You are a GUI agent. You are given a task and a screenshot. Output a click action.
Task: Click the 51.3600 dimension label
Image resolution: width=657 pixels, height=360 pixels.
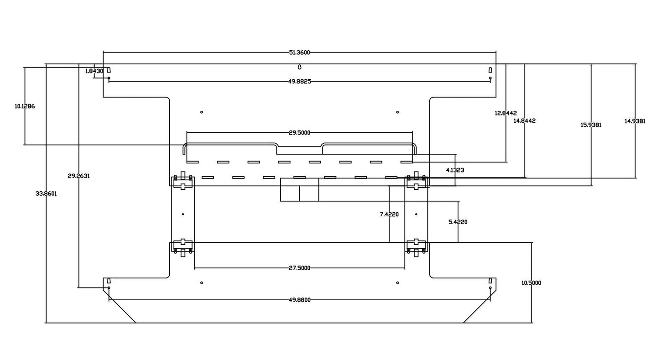(299, 52)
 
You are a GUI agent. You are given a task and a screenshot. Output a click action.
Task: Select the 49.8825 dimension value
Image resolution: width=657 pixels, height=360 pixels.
(299, 82)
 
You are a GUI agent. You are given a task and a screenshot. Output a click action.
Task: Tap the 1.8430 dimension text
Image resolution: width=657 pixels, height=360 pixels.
(94, 71)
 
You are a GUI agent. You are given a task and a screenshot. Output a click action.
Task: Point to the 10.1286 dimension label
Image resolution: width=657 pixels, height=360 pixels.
(25, 106)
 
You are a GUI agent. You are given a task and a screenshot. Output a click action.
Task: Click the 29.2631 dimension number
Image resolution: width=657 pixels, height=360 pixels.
(78, 176)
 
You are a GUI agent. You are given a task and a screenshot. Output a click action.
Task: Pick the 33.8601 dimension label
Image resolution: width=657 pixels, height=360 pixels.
(46, 193)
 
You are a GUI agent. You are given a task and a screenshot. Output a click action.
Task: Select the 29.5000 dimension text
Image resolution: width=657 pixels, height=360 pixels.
(299, 133)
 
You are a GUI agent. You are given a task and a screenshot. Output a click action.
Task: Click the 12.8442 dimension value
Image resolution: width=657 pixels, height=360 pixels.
(506, 113)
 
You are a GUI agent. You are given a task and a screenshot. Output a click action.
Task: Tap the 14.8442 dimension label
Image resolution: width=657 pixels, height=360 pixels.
(524, 121)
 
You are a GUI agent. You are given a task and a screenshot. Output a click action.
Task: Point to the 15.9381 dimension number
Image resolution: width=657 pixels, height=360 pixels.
(591, 125)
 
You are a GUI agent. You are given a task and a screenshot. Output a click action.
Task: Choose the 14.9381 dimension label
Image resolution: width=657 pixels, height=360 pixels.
(635, 121)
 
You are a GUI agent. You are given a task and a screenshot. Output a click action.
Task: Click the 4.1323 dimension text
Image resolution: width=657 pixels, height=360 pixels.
(455, 170)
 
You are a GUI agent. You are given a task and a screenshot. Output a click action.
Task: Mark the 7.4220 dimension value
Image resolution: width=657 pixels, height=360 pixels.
(389, 214)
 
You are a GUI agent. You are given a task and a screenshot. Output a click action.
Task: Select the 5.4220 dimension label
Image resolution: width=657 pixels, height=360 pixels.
(458, 222)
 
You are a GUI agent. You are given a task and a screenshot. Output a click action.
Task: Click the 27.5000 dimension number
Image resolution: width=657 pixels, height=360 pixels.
(299, 268)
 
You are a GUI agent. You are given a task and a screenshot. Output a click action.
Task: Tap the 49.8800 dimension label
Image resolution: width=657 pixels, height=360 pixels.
(299, 300)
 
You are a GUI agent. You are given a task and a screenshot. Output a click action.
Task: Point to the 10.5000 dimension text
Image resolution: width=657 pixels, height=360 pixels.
(531, 283)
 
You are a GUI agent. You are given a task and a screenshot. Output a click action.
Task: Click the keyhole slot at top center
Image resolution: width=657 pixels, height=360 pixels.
(299, 67)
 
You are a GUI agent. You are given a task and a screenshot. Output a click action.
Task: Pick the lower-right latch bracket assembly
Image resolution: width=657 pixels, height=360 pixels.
(416, 246)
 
